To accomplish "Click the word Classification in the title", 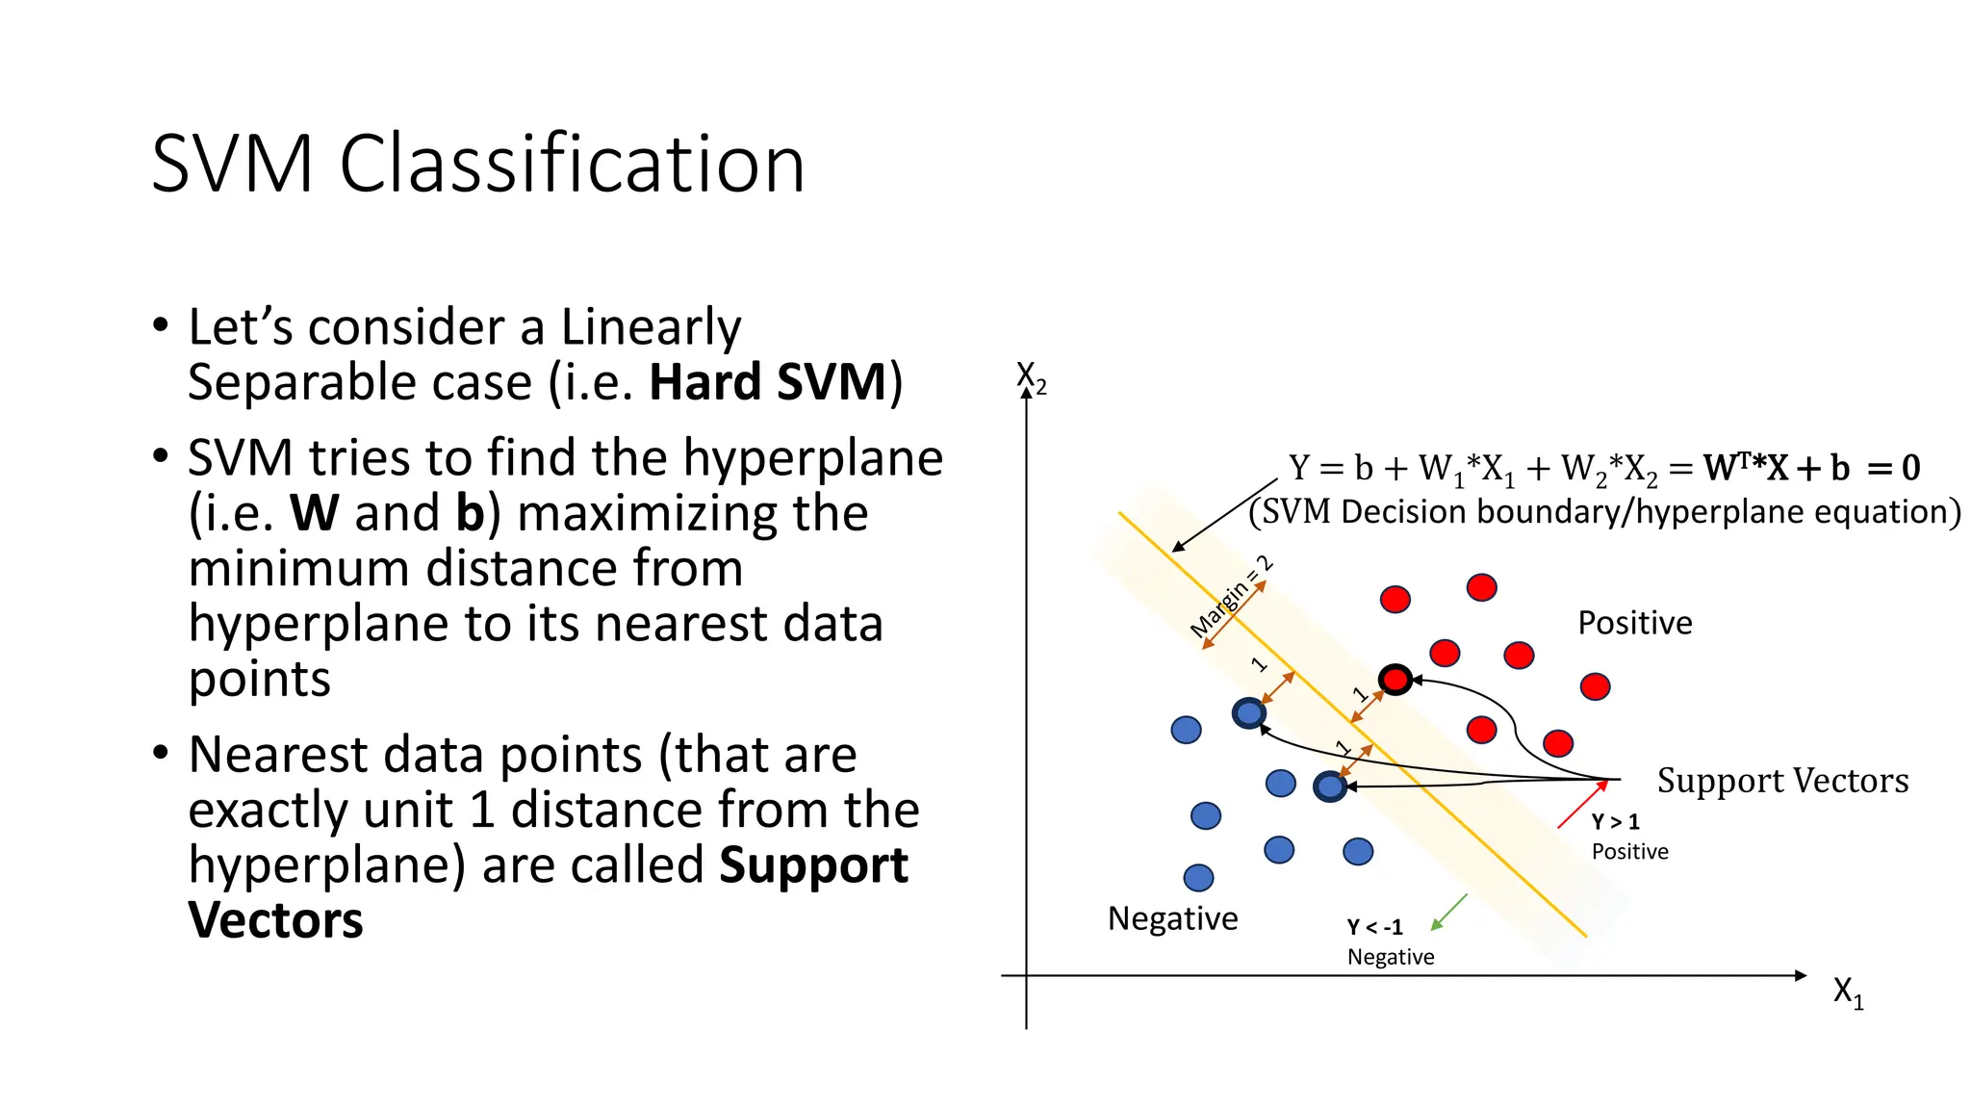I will [x=572, y=165].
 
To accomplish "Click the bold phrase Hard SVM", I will [x=767, y=382].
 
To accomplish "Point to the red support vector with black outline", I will [x=1395, y=680].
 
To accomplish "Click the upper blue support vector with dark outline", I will [x=1248, y=713].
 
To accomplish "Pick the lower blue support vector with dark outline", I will [x=1329, y=787].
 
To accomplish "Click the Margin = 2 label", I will [x=1231, y=597].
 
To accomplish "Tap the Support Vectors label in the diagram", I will [x=1782, y=781].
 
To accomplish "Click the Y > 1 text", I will [x=1615, y=822].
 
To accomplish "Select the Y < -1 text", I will [x=1374, y=927].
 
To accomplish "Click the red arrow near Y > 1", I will [x=1582, y=805].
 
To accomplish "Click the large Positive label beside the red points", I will [x=1634, y=623].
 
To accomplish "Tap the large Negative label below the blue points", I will [x=1172, y=918].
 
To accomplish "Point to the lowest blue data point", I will [x=1198, y=877].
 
